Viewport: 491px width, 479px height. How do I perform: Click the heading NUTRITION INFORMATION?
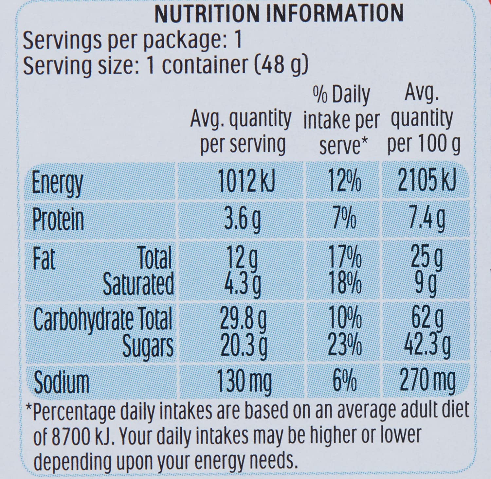coord(279,14)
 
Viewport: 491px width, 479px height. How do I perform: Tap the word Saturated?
coord(138,283)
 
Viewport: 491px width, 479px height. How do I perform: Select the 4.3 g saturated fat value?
coord(243,283)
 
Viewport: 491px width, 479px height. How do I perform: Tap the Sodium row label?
coord(62,382)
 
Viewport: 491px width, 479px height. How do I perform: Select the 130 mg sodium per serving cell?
coord(245,382)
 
